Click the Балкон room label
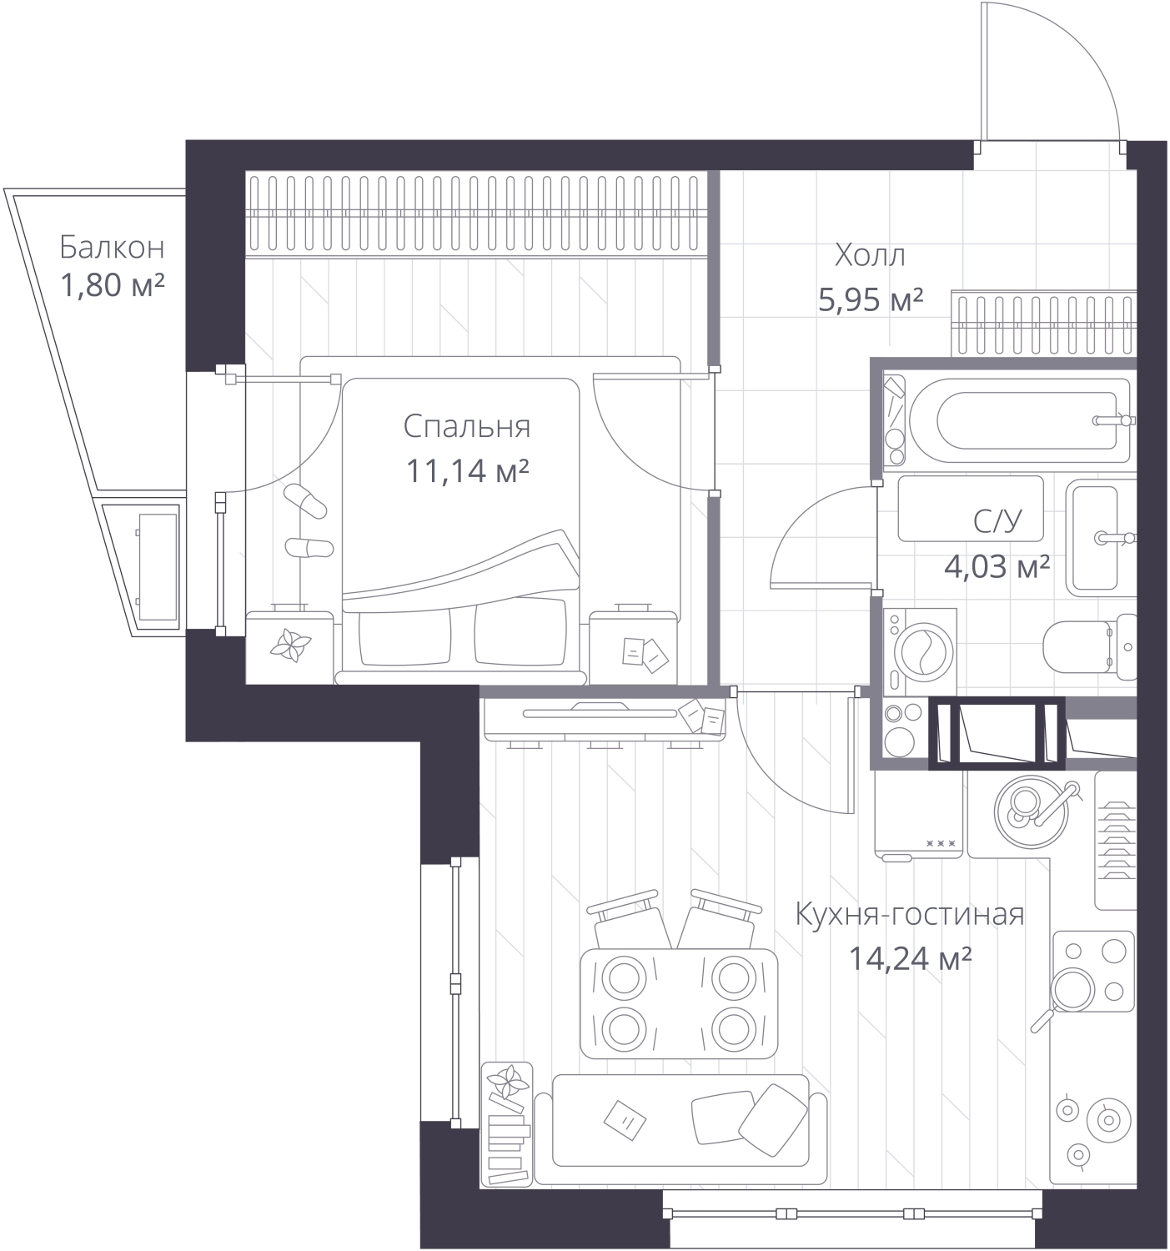112,248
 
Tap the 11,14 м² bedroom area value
467,470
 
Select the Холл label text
870,256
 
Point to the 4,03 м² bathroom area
997,566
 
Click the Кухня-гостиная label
910,915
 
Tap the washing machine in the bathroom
920,651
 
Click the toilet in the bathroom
1090,646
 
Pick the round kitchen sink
1031,813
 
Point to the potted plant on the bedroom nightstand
290,646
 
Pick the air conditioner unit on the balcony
158,567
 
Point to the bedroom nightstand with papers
633,647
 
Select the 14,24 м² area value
910,959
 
